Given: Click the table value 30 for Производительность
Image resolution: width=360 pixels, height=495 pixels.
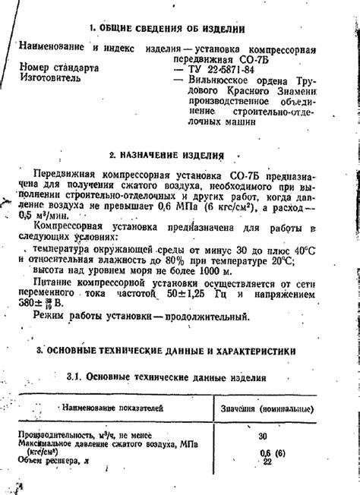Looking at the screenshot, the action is tap(264, 437).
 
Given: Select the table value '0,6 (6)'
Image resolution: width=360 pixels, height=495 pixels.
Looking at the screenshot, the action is tap(265, 453).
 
